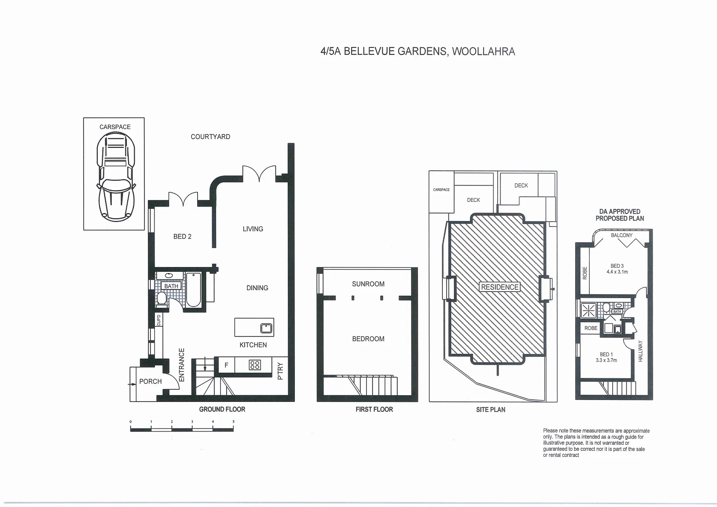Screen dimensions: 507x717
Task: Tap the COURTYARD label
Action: [x=210, y=137]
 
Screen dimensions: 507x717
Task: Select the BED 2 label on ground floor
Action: [x=182, y=237]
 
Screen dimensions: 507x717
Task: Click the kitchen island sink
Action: [x=266, y=328]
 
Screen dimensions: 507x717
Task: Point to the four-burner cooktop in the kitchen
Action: [x=255, y=365]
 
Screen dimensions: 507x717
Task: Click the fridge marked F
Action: [x=226, y=365]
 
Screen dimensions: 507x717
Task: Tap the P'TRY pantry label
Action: [x=280, y=371]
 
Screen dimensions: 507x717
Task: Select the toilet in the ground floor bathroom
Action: [x=162, y=298]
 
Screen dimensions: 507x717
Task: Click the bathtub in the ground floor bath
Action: [x=193, y=290]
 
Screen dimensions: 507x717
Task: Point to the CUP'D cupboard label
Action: [x=159, y=320]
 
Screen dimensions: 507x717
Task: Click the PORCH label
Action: [x=150, y=382]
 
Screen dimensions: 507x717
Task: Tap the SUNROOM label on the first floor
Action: [x=368, y=284]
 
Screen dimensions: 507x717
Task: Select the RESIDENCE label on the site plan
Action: [x=500, y=287]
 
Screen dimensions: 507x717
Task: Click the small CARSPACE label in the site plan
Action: [x=441, y=190]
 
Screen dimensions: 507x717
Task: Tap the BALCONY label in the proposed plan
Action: [x=622, y=235]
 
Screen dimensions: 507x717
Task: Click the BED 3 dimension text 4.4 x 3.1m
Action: [x=617, y=272]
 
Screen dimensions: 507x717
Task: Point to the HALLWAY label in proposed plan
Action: [x=640, y=351]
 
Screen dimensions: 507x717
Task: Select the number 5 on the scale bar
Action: [x=233, y=422]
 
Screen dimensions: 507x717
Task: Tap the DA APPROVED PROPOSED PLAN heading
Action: [x=619, y=215]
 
